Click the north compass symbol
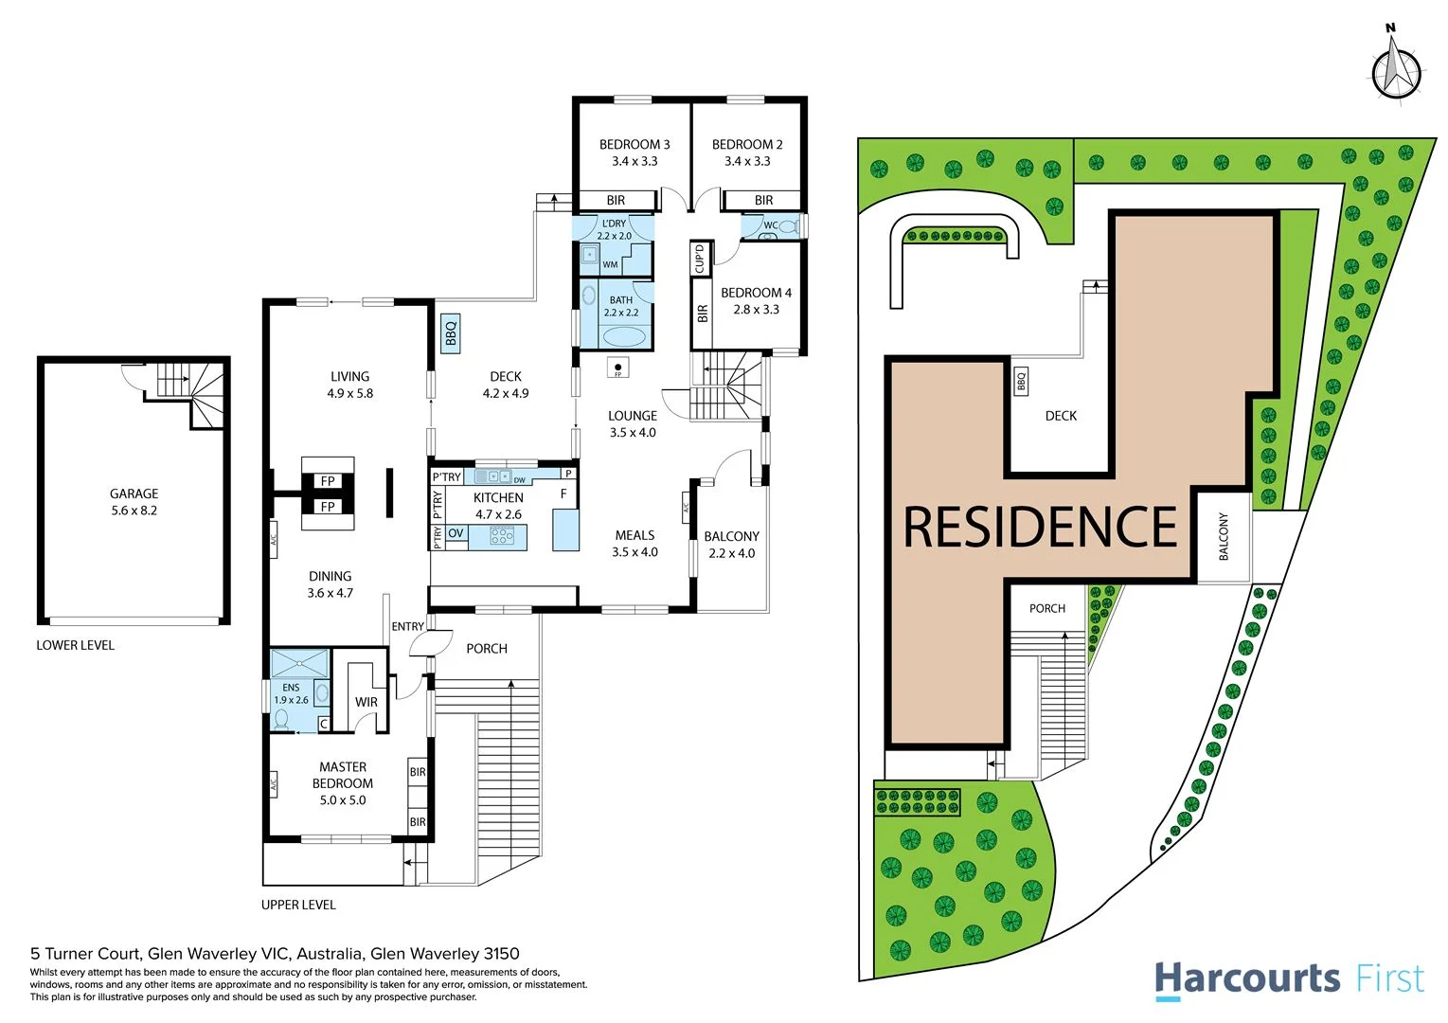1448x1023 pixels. (x=1396, y=68)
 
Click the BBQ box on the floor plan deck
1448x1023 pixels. (x=451, y=333)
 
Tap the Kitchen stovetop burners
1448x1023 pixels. (x=503, y=537)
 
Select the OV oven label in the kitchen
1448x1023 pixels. (x=456, y=533)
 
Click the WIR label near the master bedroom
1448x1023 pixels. (x=366, y=702)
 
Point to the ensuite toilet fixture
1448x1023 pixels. (x=280, y=720)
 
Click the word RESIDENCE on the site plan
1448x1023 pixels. (x=1040, y=528)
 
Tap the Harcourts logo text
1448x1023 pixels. (x=1246, y=978)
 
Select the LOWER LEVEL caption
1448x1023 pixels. (x=75, y=645)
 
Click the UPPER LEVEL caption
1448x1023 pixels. (x=298, y=905)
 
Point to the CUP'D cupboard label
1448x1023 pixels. (x=700, y=258)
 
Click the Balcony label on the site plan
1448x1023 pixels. (x=1223, y=536)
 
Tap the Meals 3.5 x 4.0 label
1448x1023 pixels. (x=635, y=544)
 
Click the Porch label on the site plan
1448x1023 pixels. (x=1047, y=608)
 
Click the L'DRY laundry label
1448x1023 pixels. (x=614, y=224)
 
